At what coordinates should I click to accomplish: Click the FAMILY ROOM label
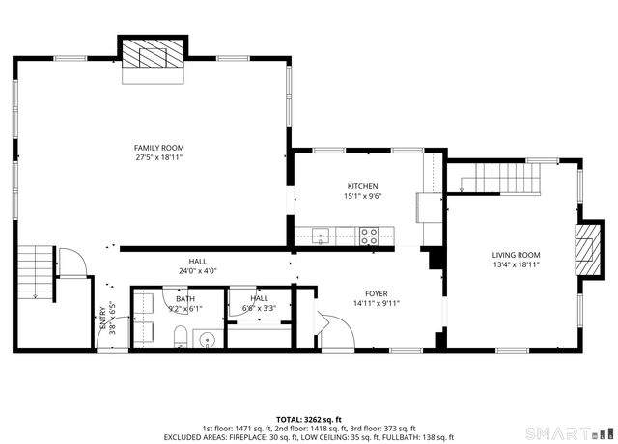point(158,148)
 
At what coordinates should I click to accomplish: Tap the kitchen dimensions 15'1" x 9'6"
point(363,196)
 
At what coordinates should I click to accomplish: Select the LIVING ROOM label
point(516,255)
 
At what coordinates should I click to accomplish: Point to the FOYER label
point(377,293)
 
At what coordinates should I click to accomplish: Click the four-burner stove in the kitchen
point(369,236)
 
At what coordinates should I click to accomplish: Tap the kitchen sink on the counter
point(321,236)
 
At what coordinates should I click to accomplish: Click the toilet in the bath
point(181,337)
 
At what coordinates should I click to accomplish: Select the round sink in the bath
point(207,339)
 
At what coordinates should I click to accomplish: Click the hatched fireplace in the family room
point(153,53)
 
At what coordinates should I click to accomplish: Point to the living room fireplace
point(588,249)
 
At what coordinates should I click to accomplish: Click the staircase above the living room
point(500,178)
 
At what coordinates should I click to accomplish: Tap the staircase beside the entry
point(35,272)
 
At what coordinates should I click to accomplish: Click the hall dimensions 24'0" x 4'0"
point(197,270)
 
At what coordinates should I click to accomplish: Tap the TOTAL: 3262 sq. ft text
point(309,419)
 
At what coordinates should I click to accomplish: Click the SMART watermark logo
point(567,433)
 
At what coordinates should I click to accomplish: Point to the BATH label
point(185,299)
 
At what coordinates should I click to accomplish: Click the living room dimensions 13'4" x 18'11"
point(516,264)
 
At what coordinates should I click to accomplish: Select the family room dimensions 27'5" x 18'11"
point(158,157)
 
